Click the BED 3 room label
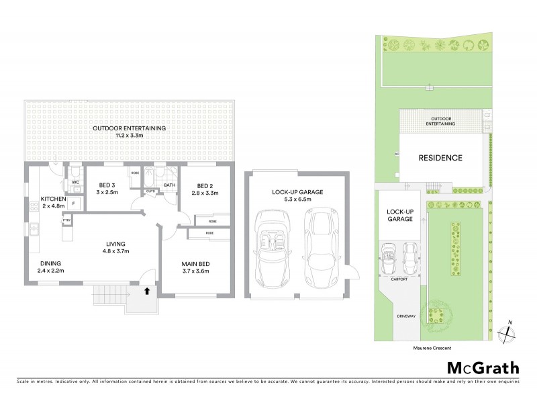point(108,186)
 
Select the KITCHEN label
point(53,199)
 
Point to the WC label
point(76,182)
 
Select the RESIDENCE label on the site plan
point(440,159)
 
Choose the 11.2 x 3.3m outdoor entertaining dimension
point(130,136)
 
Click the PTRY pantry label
point(67,220)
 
